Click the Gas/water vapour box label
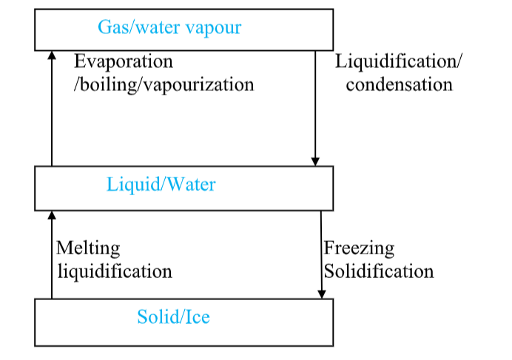169,28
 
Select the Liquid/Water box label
161,184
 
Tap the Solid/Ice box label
173,318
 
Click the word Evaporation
123,61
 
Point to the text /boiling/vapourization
164,84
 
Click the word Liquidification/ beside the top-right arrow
399,61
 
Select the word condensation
399,84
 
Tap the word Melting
88,248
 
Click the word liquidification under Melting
115,271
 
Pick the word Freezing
359,248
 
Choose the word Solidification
379,271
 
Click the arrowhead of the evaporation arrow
51,55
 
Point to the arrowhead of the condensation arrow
315,160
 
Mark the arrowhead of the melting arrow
51,214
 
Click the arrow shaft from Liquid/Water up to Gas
51,111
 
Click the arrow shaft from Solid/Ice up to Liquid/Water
51,259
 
